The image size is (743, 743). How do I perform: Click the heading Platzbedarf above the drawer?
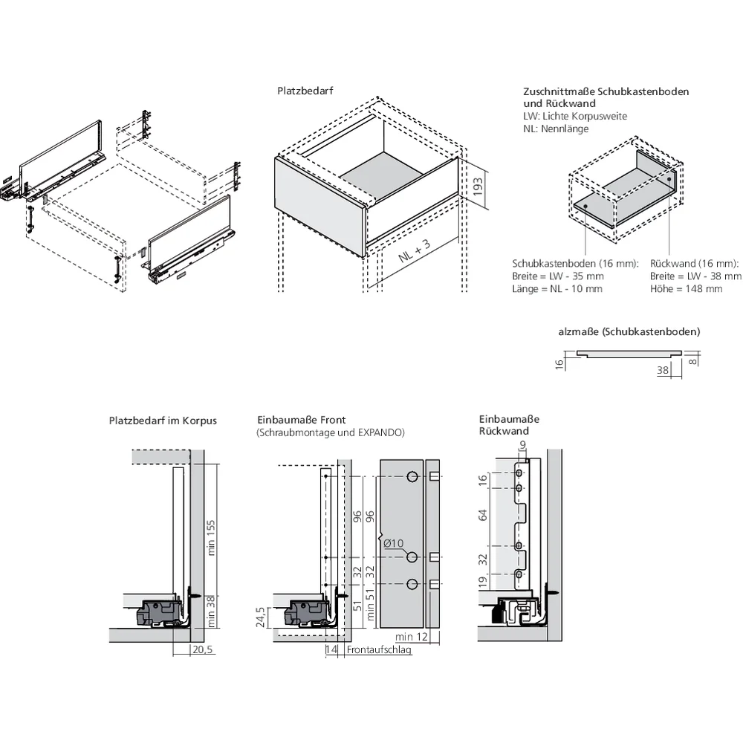[x=305, y=91]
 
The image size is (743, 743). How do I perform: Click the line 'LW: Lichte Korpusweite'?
[x=574, y=117]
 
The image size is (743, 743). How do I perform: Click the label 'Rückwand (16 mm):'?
[x=694, y=264]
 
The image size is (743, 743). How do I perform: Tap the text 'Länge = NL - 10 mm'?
[x=557, y=289]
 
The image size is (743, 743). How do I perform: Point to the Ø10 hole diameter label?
[x=394, y=544]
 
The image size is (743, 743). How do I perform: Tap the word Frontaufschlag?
[x=379, y=649]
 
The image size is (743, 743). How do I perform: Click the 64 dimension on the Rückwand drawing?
[x=483, y=515]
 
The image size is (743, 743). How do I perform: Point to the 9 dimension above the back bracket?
[x=522, y=446]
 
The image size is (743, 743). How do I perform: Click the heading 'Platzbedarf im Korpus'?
[x=163, y=421]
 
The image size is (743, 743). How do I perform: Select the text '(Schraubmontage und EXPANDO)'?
[x=330, y=432]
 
